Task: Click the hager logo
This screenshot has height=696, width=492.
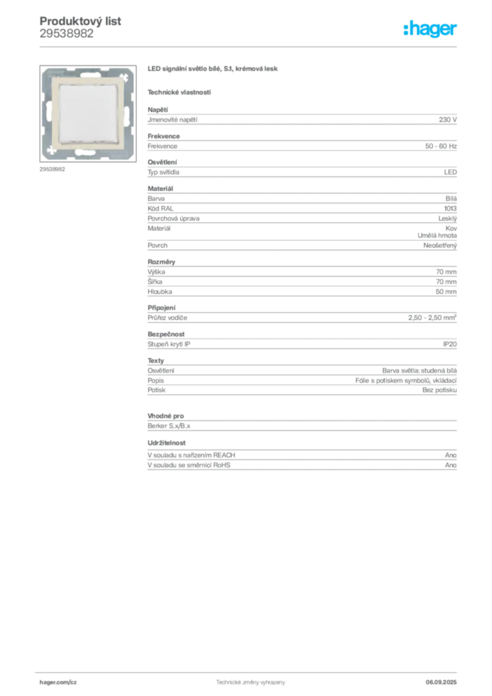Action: [x=430, y=29]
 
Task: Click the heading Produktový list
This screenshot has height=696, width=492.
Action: [x=80, y=21]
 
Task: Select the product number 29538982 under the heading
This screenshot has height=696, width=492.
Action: [x=67, y=33]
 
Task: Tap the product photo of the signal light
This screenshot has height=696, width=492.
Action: [x=88, y=114]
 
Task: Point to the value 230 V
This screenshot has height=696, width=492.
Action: [x=448, y=120]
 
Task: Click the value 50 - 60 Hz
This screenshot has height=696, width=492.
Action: [x=440, y=146]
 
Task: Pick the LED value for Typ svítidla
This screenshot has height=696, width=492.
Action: [x=451, y=172]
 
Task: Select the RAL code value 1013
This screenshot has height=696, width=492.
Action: [x=451, y=208]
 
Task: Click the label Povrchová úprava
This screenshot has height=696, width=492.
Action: [x=173, y=218]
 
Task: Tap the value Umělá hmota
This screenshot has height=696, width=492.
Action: [x=437, y=235]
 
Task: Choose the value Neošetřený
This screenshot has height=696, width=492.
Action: [x=440, y=245]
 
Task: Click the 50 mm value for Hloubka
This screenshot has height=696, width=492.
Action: [x=446, y=292]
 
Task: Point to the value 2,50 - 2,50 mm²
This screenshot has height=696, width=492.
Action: [x=433, y=317]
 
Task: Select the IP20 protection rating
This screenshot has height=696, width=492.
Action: [x=450, y=344]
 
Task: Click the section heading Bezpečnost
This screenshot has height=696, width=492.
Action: [x=166, y=334]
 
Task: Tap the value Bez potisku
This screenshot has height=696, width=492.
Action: [x=440, y=389]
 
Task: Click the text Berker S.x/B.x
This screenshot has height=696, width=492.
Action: [x=169, y=425]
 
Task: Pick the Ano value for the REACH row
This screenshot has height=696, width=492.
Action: [x=451, y=455]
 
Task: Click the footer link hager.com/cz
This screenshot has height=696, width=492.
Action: [x=58, y=682]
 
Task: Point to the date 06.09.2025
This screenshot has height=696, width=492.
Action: [x=441, y=682]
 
